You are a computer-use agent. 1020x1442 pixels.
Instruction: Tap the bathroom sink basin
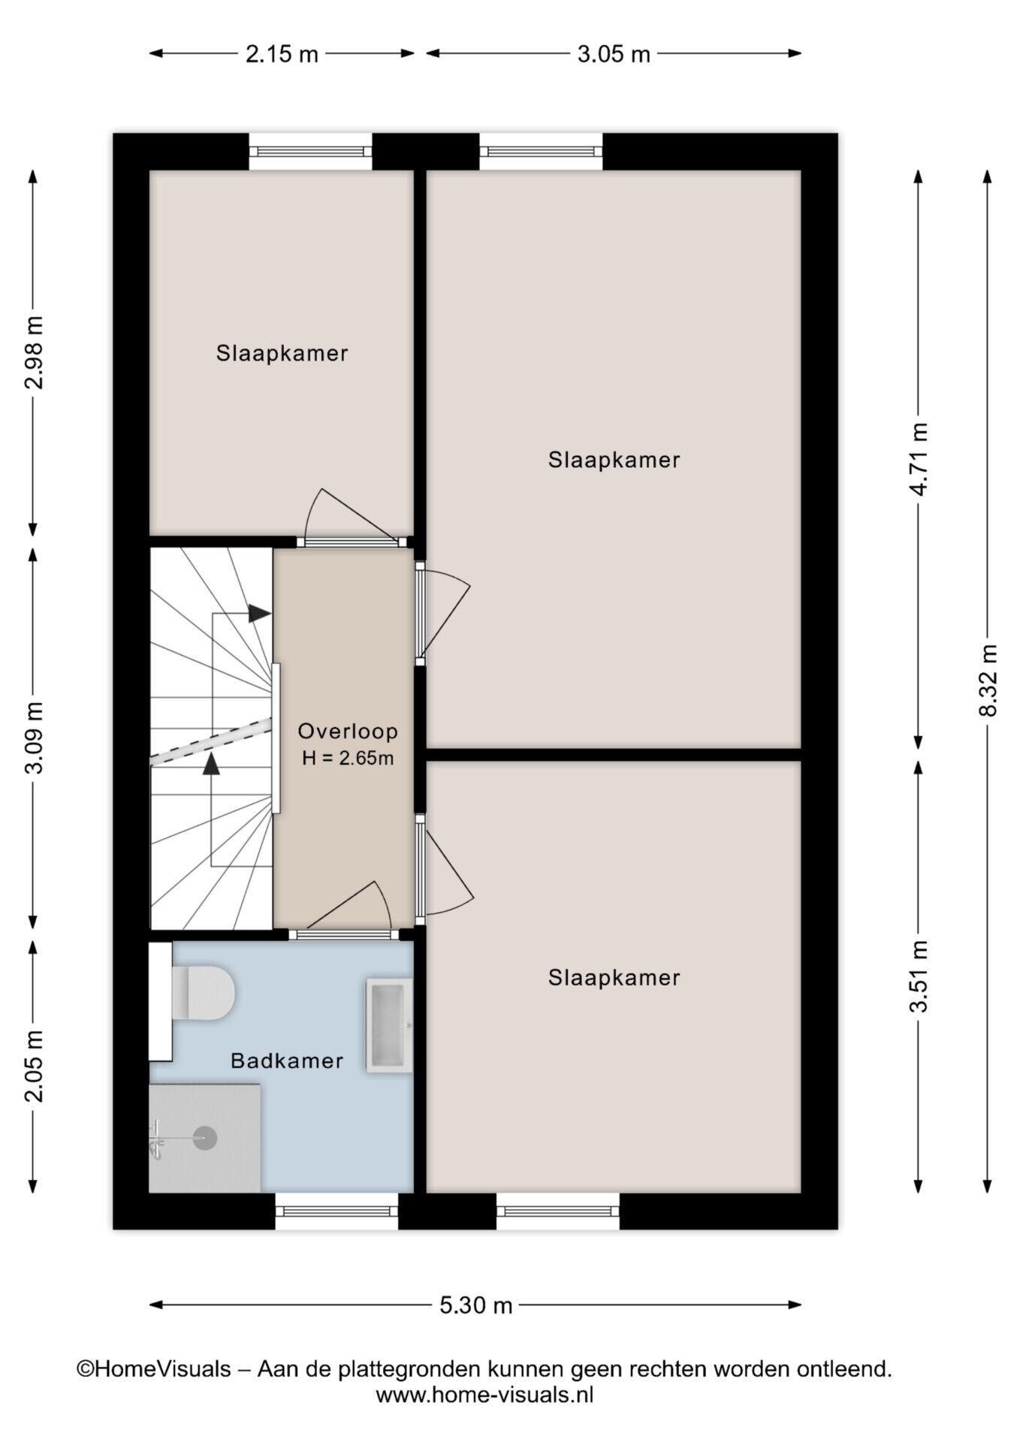point(389,1024)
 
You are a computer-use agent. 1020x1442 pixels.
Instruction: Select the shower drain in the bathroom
point(204,1138)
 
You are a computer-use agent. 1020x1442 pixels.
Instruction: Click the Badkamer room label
point(287,1060)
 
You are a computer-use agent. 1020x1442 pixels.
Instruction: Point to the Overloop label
point(348,731)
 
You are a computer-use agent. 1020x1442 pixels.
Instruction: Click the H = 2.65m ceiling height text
point(348,759)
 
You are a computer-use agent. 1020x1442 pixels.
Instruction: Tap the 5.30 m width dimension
point(476,1305)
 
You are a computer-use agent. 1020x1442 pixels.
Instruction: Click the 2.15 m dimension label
point(282,53)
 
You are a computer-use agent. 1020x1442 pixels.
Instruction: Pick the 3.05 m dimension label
point(614,53)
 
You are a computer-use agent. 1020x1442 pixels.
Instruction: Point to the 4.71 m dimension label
point(919,458)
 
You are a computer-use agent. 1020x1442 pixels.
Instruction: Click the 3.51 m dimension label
point(919,976)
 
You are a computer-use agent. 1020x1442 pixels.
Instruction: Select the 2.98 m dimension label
point(34,353)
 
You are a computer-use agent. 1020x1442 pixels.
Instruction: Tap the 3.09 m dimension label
point(34,737)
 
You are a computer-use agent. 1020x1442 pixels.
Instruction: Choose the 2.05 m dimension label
point(34,1066)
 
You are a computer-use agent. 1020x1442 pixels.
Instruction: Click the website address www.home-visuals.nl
point(484,1395)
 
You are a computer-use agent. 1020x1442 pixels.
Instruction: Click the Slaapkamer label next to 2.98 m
point(282,353)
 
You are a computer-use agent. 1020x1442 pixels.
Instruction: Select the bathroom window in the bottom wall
point(336,1211)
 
